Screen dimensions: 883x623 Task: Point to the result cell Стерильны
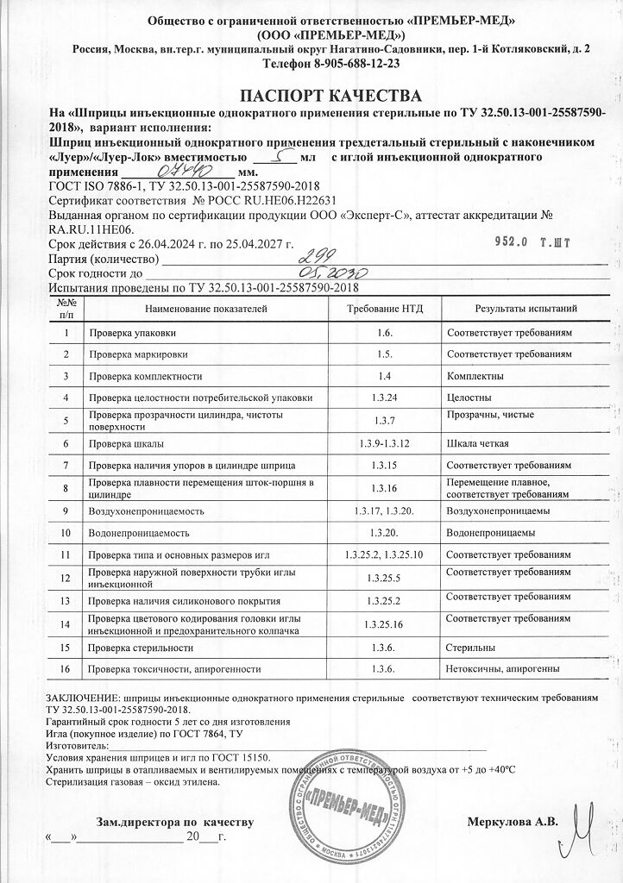click(470, 647)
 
